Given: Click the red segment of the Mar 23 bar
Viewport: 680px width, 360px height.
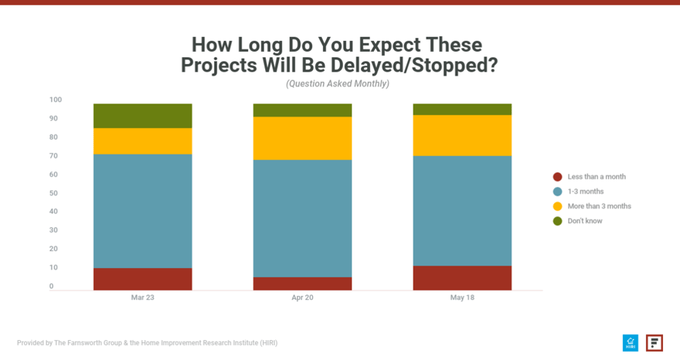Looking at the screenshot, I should (142, 279).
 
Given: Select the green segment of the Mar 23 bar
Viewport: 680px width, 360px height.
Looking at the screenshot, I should (142, 116).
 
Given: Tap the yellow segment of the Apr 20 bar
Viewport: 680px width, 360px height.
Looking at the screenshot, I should (302, 138).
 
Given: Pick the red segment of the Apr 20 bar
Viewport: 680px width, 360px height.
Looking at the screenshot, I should (302, 284).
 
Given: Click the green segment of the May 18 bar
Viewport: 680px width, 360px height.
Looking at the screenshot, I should (462, 109).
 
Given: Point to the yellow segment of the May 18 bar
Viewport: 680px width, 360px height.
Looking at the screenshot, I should (462, 136).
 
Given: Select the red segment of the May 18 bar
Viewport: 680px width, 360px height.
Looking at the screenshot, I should (462, 277).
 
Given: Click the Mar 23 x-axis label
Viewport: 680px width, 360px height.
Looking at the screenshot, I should (142, 298).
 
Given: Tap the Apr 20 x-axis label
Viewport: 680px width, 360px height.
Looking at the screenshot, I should (302, 298).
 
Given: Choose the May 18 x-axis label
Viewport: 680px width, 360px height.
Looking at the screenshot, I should (462, 298).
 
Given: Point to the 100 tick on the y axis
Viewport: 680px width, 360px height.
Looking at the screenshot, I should (55, 100).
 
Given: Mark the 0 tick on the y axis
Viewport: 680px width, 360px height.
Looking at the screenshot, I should (51, 286).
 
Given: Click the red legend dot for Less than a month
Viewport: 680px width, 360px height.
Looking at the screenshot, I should (557, 177).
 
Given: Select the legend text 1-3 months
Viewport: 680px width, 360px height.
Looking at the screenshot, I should (585, 192).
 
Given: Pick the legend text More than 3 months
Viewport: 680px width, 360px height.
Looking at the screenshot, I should (599, 206).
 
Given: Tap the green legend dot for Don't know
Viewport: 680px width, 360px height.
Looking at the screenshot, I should (557, 221).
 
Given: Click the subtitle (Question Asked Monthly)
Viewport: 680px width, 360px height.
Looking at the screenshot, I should (337, 84).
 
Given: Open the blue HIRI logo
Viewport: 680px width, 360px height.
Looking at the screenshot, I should (630, 343).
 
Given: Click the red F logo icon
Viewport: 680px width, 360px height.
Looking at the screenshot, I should (654, 343).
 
